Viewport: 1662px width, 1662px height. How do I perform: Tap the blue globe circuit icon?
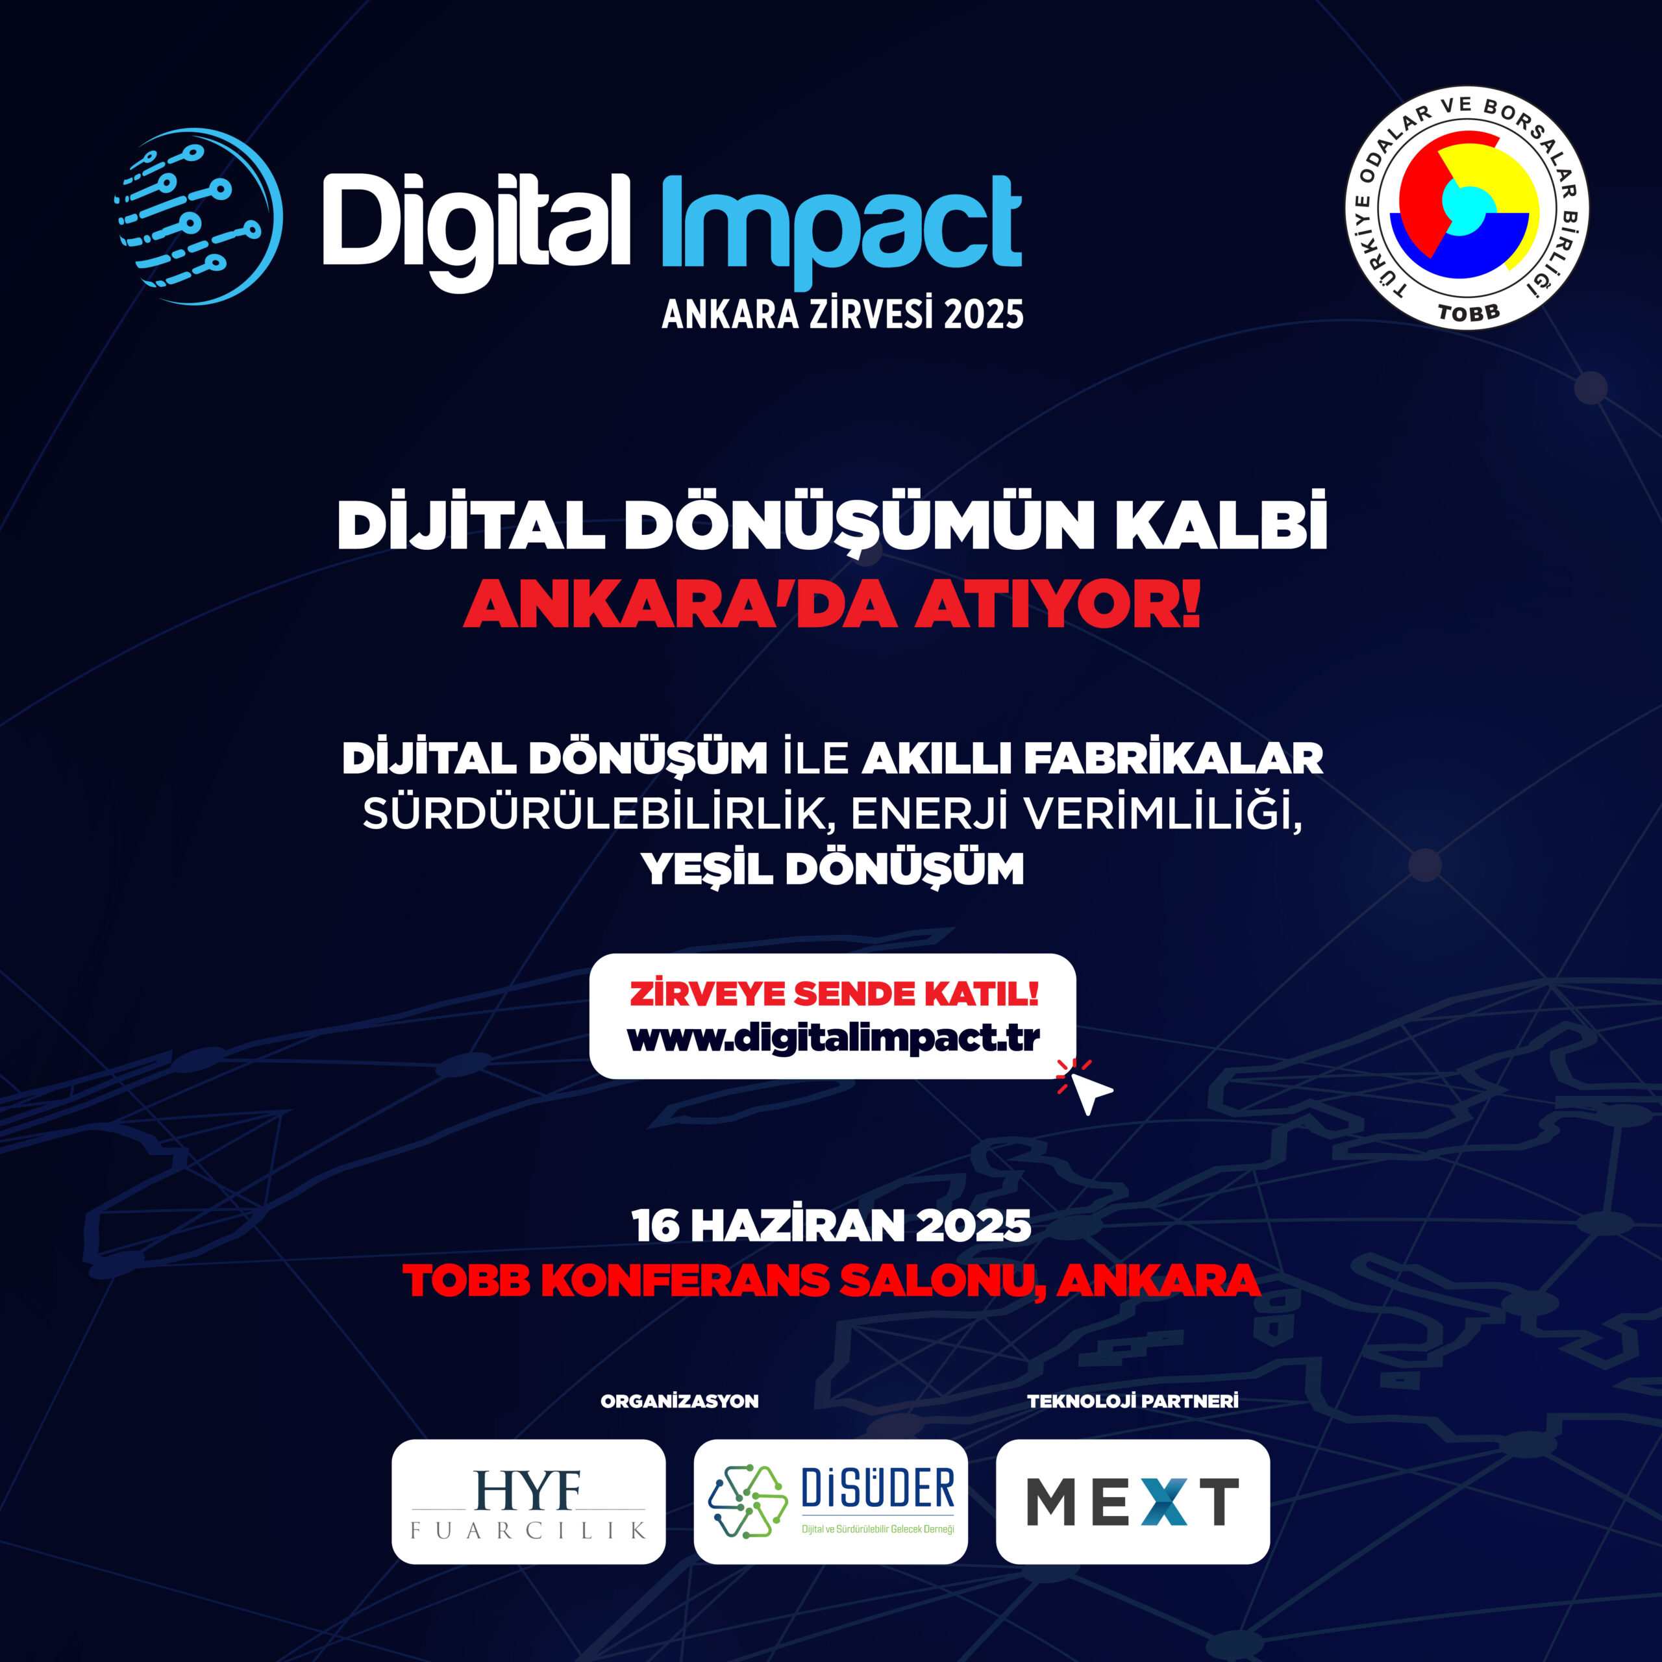tap(199, 216)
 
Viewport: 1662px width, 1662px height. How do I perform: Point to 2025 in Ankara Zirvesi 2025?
tap(984, 315)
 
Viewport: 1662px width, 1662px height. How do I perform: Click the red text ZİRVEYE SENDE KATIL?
tap(834, 993)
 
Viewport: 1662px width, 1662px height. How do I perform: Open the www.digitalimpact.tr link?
tap(833, 1038)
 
